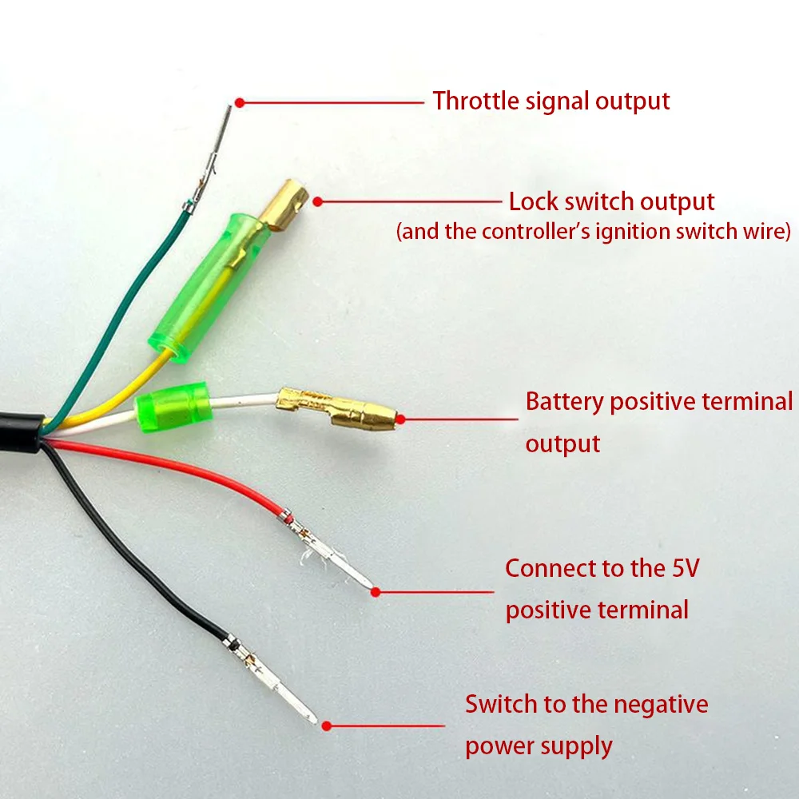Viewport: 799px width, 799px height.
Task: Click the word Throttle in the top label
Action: tap(475, 101)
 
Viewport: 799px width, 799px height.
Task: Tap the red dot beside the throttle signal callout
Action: tap(240, 103)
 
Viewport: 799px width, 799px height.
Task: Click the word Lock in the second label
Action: tap(534, 202)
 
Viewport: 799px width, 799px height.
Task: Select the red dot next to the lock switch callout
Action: tap(317, 202)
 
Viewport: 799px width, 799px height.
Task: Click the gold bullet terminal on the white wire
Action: tap(336, 408)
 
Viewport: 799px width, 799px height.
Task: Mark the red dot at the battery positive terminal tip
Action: tap(400, 419)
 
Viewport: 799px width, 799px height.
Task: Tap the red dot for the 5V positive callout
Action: tap(376, 592)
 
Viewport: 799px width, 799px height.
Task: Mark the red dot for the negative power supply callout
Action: tap(327, 725)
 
